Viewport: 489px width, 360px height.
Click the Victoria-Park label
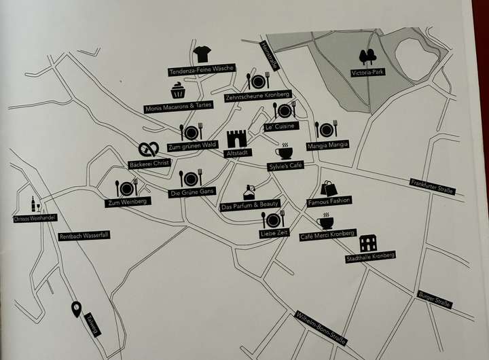pyautogui.click(x=368, y=73)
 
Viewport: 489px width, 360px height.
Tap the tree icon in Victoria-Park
pyautogui.click(x=368, y=58)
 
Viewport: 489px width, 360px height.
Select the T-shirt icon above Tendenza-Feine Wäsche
pyautogui.click(x=201, y=54)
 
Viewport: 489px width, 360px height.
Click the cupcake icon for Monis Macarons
pyautogui.click(x=178, y=90)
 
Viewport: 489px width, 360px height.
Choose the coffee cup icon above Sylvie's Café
pyautogui.click(x=284, y=152)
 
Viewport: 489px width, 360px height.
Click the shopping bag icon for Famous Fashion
pyautogui.click(x=329, y=188)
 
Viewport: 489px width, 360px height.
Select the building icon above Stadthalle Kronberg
pyautogui.click(x=369, y=243)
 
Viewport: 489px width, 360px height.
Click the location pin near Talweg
pyautogui.click(x=76, y=309)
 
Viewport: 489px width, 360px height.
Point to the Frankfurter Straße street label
pyautogui.click(x=431, y=186)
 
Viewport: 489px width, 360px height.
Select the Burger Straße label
pyautogui.click(x=435, y=299)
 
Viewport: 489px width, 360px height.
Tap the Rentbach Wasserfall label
pyautogui.click(x=84, y=235)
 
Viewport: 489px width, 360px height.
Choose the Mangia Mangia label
pyautogui.click(x=327, y=145)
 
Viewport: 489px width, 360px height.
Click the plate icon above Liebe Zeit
pyautogui.click(x=274, y=219)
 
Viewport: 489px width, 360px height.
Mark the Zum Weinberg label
pyautogui.click(x=122, y=202)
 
